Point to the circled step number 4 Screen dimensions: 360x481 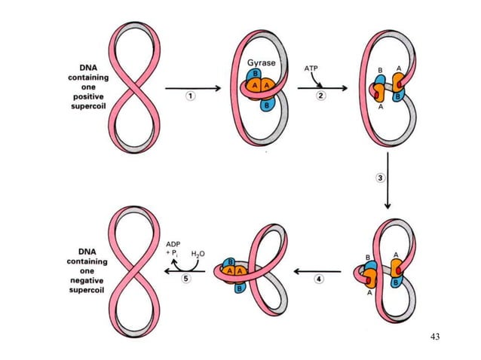click(319, 279)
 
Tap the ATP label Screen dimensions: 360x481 click(311, 68)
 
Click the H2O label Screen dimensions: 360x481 click(198, 254)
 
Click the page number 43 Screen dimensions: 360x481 click(434, 335)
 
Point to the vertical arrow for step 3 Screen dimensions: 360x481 click(388, 181)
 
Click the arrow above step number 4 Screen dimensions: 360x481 click(320, 269)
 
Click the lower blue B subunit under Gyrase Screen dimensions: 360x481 click(265, 105)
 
